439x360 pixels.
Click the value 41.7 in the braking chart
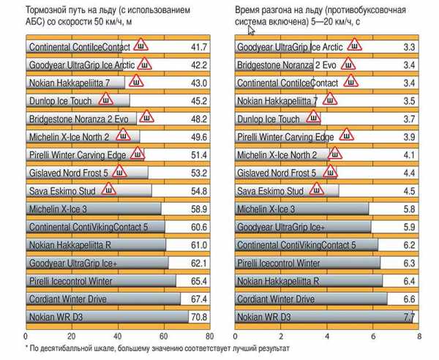198,48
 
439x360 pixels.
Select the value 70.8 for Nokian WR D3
198,318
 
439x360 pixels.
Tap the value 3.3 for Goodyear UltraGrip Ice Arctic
409,48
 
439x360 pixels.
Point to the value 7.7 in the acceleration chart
409,318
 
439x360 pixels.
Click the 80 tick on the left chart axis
210,337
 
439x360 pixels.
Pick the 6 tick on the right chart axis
373,337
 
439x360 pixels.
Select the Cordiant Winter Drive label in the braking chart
69,299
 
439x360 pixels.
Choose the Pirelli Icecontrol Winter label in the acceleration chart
279,263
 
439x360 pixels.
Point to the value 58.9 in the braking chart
198,209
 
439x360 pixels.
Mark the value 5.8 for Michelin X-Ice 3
409,209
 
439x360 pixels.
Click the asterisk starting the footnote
27,349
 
